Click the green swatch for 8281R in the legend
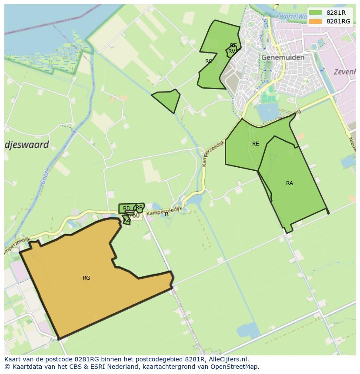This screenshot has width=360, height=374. (316, 13)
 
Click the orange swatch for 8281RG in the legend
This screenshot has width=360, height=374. (316, 21)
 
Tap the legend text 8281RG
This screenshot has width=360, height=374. (338, 21)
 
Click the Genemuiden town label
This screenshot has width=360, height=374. (283, 57)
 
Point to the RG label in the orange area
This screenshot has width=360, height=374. (86, 278)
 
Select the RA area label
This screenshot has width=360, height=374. (290, 183)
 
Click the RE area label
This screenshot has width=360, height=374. (255, 144)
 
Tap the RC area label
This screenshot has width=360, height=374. (209, 61)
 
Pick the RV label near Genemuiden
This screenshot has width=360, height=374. (232, 51)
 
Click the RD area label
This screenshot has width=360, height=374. (127, 209)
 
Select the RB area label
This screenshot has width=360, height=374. (139, 208)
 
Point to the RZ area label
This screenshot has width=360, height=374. (126, 220)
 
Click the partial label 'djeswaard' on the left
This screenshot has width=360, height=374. (27, 145)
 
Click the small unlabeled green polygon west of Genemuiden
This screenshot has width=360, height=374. (168, 100)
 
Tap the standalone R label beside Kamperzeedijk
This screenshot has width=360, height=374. (167, 214)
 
